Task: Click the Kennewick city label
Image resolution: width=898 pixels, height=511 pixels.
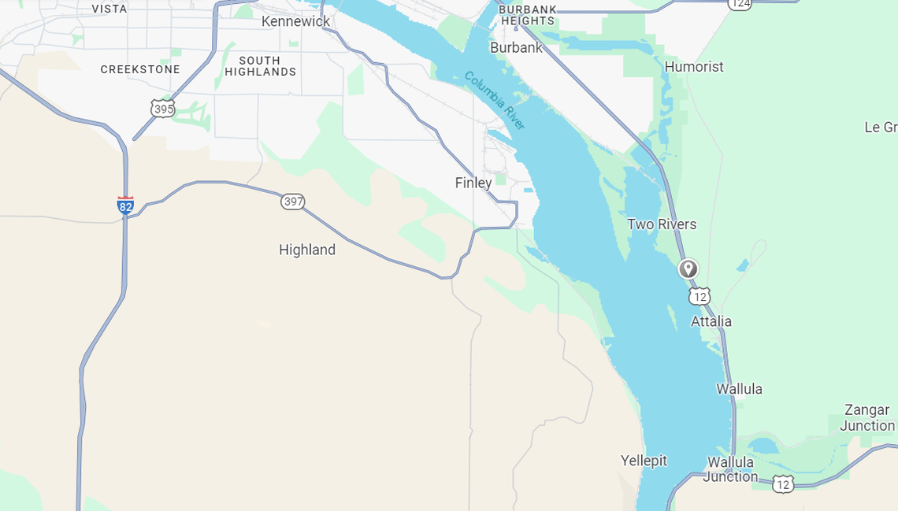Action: tap(295, 21)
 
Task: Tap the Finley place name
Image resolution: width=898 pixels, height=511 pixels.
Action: tap(473, 183)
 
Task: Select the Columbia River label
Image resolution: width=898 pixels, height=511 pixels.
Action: tap(494, 101)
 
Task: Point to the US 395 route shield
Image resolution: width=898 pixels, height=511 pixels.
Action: tap(163, 108)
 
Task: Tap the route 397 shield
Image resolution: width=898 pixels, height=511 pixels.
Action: tap(293, 202)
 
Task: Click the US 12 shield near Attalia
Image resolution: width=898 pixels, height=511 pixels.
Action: tap(699, 296)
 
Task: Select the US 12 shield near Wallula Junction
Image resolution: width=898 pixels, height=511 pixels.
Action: tap(782, 483)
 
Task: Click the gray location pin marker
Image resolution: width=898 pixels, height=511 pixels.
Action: tap(688, 269)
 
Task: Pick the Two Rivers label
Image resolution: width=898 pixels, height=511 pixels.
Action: tap(662, 224)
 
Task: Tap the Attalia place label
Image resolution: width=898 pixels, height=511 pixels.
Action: tap(711, 321)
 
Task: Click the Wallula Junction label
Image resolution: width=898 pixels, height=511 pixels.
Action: tap(731, 469)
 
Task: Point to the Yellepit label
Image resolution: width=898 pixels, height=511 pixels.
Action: tap(644, 461)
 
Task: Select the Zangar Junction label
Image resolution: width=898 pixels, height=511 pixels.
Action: tap(866, 417)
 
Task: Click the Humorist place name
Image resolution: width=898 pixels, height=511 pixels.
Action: tap(694, 67)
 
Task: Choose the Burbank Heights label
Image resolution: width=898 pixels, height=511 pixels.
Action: tap(528, 15)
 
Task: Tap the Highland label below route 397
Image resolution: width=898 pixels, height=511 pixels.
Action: tap(307, 250)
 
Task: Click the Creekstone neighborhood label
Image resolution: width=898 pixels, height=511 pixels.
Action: tap(140, 69)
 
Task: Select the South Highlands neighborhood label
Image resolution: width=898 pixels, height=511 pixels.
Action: tap(260, 66)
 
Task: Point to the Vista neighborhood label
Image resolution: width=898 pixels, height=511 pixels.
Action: tap(109, 9)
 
